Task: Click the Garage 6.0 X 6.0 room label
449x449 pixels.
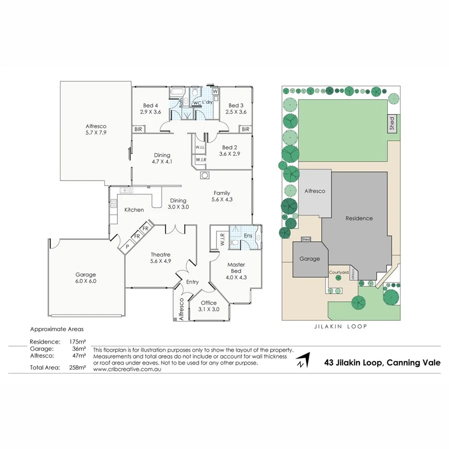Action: tap(86, 278)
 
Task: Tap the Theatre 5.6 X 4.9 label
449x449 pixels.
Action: tap(161, 257)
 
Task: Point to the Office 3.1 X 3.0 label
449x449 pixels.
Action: tap(208, 306)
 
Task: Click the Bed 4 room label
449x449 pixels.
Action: tap(151, 109)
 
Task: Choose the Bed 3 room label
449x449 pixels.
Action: tap(236, 109)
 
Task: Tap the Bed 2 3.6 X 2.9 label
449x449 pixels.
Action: tap(230, 151)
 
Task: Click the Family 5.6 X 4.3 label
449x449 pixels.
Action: tap(222, 196)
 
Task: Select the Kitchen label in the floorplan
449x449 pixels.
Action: tap(134, 210)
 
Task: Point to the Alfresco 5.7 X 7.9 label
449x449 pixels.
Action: tap(96, 130)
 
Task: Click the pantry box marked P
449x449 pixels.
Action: tap(127, 246)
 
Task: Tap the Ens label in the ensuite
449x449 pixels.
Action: tap(248, 235)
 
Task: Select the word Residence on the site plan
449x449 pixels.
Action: tap(359, 219)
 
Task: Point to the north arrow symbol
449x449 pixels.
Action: tap(302, 360)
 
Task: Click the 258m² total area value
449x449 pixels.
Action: tap(78, 368)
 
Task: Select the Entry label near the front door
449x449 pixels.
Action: tap(192, 282)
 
